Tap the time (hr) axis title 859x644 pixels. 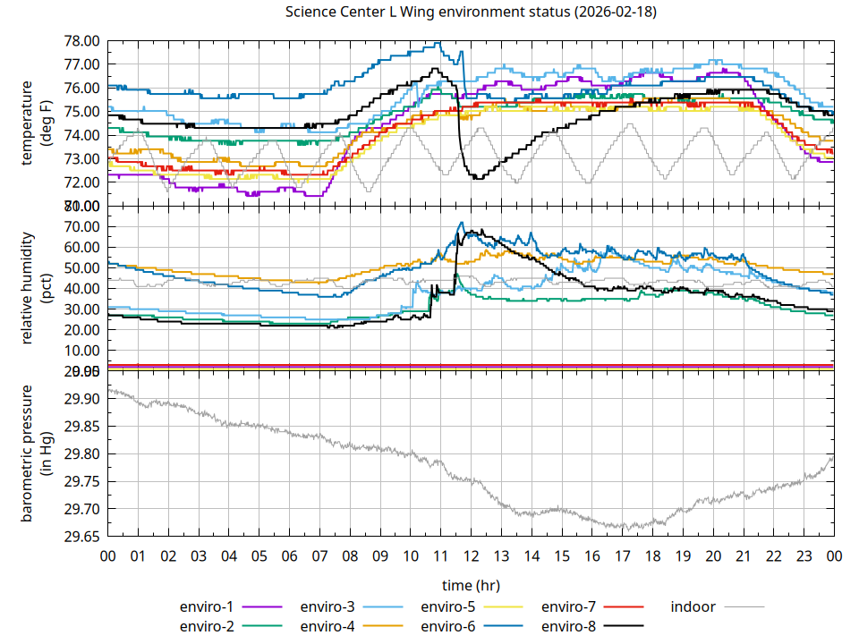[x=471, y=585]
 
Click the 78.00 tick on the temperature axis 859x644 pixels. [x=81, y=41]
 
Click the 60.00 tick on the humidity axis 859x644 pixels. [x=81, y=248]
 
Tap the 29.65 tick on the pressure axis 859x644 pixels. [x=81, y=537]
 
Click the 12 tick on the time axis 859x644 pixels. [x=471, y=556]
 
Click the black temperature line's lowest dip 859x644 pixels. [x=478, y=179]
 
